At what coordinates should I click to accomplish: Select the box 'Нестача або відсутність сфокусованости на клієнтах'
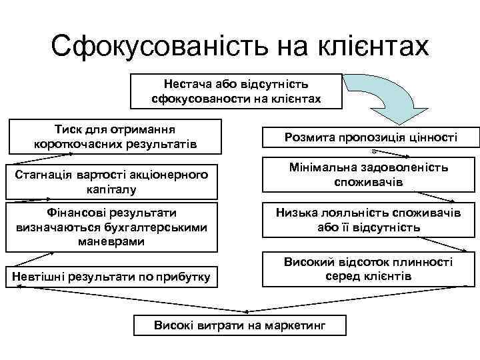(236, 91)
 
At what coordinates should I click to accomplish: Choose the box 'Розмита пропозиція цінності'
(370, 137)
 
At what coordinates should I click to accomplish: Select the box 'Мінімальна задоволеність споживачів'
(370, 175)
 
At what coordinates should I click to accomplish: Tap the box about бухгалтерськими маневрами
(109, 227)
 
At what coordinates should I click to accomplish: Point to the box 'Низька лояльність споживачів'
(370, 220)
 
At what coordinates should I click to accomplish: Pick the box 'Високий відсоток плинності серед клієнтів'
(370, 269)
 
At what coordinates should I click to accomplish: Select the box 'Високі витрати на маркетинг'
(239, 325)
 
